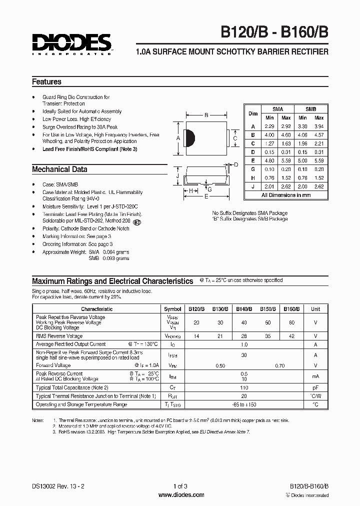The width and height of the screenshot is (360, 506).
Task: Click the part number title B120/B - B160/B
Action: pyautogui.click(x=274, y=37)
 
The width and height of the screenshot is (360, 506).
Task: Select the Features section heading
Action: pyautogui.click(x=46, y=81)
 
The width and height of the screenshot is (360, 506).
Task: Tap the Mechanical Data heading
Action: pyautogui.click(x=59, y=169)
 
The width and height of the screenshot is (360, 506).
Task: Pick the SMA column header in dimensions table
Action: pyautogui.click(x=277, y=109)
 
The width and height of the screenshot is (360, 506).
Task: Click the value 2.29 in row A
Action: pyautogui.click(x=270, y=127)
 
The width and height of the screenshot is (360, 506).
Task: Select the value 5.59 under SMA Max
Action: pyautogui.click(x=286, y=161)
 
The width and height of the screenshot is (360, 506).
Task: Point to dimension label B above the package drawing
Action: pyautogui.click(x=206, y=115)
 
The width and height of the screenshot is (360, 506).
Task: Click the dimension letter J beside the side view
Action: pyautogui.click(x=178, y=175)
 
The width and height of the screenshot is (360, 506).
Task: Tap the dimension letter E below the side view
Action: pyautogui.click(x=205, y=196)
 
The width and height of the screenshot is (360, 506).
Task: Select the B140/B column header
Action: pyautogui.click(x=244, y=309)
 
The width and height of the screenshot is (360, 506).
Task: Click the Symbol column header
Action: pyautogui.click(x=172, y=309)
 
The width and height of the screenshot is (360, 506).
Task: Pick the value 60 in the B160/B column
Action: pyautogui.click(x=291, y=322)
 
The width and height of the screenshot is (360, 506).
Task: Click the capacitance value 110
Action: pyautogui.click(x=244, y=387)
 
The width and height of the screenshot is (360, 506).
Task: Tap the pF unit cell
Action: pyautogui.click(x=315, y=387)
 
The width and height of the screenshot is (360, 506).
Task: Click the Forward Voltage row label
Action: pyautogui.click(x=54, y=365)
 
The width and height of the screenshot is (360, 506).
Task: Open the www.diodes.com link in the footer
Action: pyautogui.click(x=180, y=495)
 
